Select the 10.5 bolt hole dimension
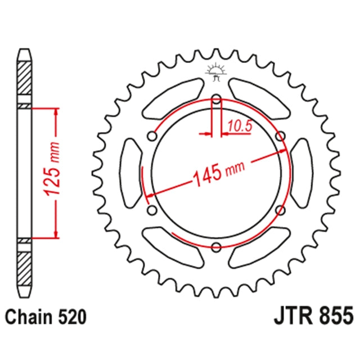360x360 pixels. pos(240,127)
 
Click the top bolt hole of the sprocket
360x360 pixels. pos(216,101)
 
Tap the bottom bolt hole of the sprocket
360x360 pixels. pos(216,245)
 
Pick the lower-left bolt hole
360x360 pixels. pos(151,210)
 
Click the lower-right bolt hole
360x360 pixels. pos(280,210)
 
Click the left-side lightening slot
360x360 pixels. pos(131,173)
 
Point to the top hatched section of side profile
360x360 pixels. pos(25,79)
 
